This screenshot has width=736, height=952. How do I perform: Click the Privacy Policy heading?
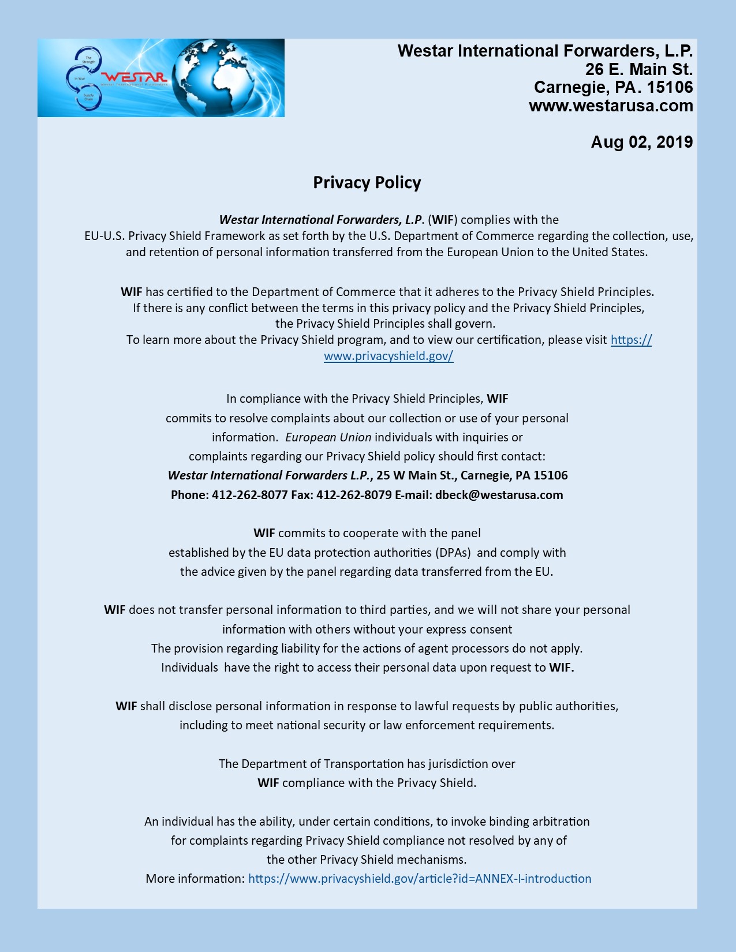click(367, 183)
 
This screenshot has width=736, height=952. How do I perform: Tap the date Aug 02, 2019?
click(641, 142)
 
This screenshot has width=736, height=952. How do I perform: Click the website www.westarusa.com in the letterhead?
click(611, 106)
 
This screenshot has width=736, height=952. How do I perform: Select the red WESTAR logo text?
click(135, 77)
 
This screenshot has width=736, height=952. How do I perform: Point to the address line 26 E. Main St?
click(638, 69)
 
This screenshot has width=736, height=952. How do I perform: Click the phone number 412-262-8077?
click(249, 495)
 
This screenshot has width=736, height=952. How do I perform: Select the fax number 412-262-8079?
click(354, 495)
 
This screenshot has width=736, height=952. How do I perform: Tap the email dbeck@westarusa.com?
click(499, 495)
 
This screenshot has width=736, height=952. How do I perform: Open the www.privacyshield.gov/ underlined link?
click(388, 356)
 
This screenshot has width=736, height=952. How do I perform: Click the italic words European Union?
click(328, 437)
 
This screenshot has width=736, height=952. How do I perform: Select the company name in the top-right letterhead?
click(545, 51)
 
